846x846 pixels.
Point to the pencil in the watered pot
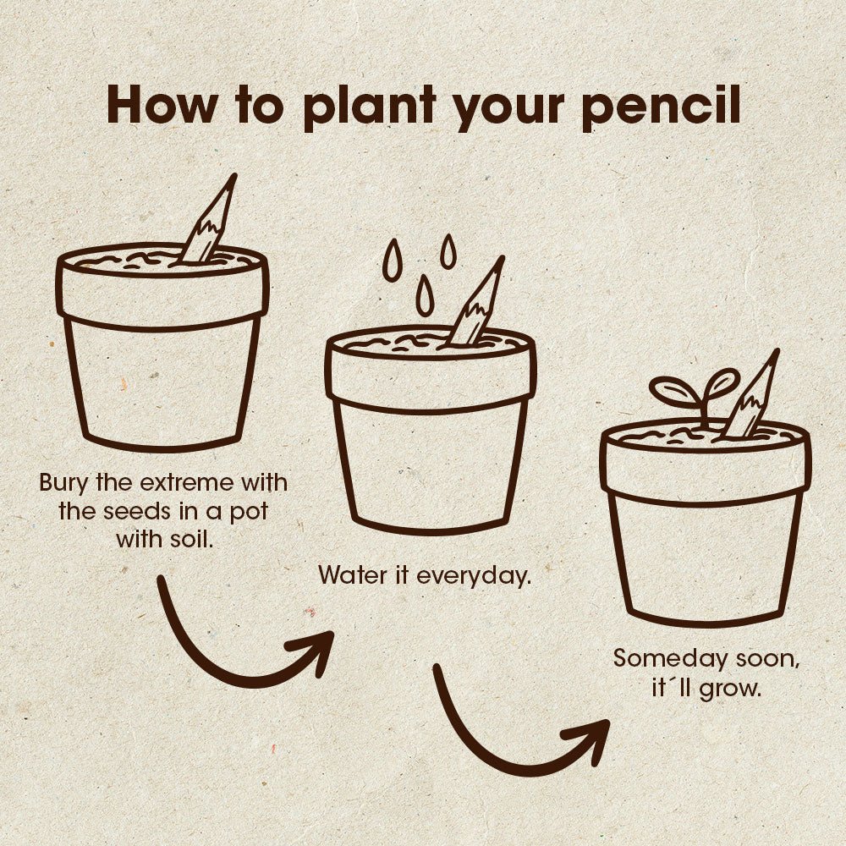click(476, 305)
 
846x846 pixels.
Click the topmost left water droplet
click(392, 260)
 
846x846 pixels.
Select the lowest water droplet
click(425, 297)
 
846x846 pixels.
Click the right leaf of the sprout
click(722, 382)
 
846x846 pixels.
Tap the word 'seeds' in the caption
click(138, 512)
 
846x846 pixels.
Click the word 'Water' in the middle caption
click(348, 576)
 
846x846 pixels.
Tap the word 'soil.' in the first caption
click(185, 539)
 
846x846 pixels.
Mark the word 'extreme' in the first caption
click(183, 484)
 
